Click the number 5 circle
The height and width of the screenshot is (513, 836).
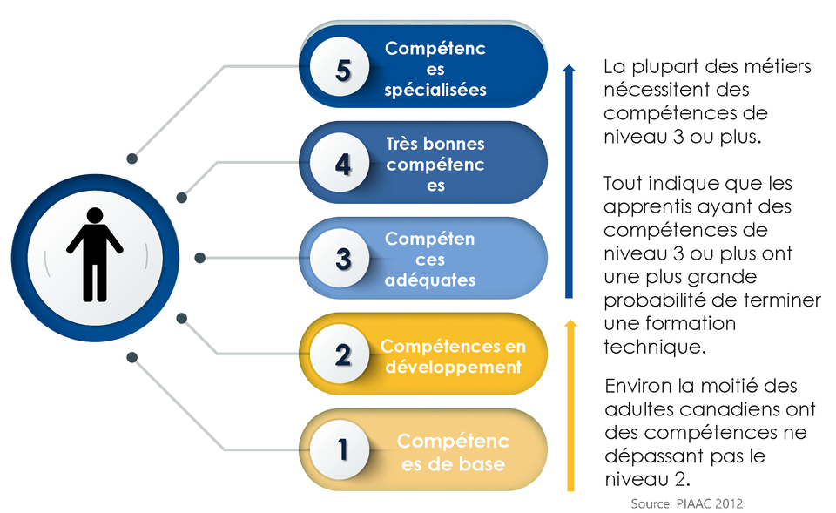click(340, 67)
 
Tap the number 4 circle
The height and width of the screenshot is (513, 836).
click(340, 163)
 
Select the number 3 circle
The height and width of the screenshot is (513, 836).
click(340, 258)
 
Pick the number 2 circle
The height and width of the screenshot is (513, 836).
click(340, 354)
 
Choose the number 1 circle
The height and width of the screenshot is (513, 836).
click(340, 449)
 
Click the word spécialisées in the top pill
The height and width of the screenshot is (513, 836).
click(435, 90)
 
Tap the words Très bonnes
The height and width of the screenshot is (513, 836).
click(435, 144)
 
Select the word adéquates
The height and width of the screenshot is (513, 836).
click(430, 280)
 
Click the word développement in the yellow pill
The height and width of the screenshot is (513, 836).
click(453, 368)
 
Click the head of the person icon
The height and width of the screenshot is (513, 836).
click(95, 215)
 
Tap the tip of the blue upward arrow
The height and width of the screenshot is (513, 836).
click(569, 65)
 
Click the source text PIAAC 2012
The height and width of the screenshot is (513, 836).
click(710, 503)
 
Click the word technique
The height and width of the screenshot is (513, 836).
click(654, 348)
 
